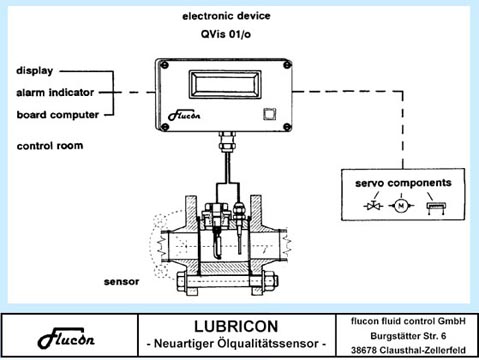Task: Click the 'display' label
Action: coord(35,71)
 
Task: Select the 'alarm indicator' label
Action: coord(55,92)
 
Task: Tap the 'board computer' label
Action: coord(58,115)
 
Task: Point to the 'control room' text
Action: coord(50,146)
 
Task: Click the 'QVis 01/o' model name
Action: coord(226,34)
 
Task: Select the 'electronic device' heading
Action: coord(226,16)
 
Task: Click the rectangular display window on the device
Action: coord(225,84)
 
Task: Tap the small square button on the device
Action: coord(270,114)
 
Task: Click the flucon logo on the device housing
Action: coord(184,115)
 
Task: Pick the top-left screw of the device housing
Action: coord(164,65)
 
